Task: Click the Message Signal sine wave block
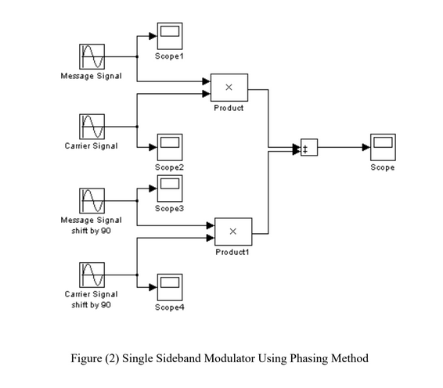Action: pyautogui.click(x=91, y=57)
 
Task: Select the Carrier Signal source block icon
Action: pyautogui.click(x=91, y=126)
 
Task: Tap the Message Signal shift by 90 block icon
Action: pyautogui.click(x=91, y=201)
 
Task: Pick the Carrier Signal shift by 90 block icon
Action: pyautogui.click(x=91, y=275)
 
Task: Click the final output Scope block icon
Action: pyautogui.click(x=383, y=147)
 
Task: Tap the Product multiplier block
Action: pyautogui.click(x=229, y=88)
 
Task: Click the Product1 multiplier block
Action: pyautogui.click(x=232, y=232)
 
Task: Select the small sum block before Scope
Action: pyautogui.click(x=309, y=148)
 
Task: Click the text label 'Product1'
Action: pyautogui.click(x=232, y=253)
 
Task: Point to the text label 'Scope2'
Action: pyautogui.click(x=170, y=167)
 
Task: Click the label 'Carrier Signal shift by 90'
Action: pyautogui.click(x=91, y=299)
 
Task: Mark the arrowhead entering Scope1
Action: pyautogui.click(x=153, y=36)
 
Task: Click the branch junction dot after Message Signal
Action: pyautogui.click(x=137, y=57)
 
